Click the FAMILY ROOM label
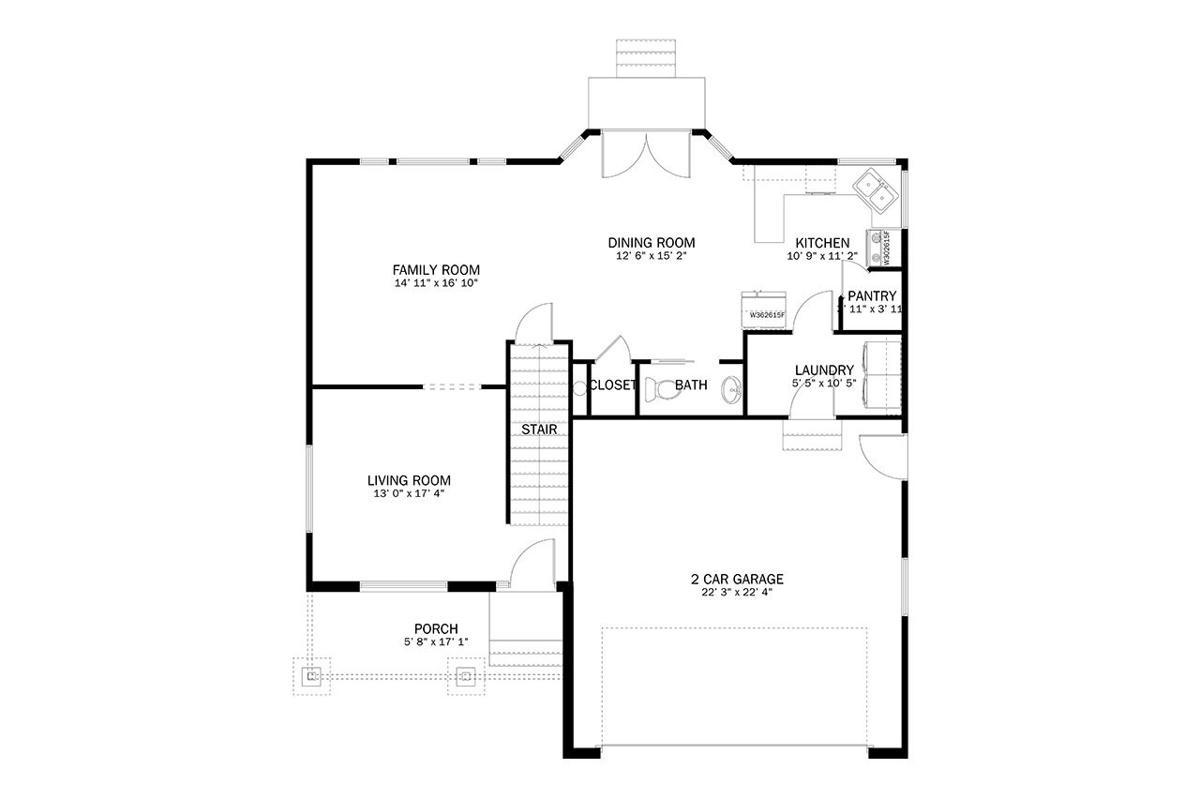coord(436,269)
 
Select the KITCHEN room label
coord(822,243)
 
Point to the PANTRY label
coord(872,295)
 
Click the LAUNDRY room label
coord(823,370)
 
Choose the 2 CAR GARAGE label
coord(736,579)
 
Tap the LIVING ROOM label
coord(409,479)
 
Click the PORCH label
coord(436,628)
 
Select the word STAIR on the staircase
coord(539,430)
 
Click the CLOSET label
coord(613,385)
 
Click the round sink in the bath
coord(730,388)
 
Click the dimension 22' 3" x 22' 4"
coord(736,592)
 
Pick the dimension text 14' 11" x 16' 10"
coord(436,282)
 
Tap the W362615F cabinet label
coord(766,315)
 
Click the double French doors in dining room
coord(645,155)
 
